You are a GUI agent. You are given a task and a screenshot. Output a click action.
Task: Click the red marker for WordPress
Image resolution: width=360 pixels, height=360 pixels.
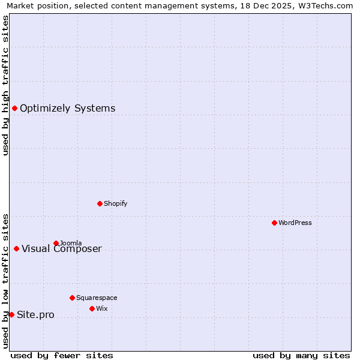(274, 223)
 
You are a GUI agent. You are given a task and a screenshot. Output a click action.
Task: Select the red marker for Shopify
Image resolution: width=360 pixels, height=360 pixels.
(100, 203)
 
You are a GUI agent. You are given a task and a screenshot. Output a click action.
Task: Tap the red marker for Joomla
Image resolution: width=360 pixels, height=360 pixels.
(56, 243)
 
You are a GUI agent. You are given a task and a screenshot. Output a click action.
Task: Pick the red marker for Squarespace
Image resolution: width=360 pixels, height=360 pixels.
(72, 298)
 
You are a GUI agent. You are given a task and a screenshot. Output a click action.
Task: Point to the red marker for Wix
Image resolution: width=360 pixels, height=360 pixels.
(92, 308)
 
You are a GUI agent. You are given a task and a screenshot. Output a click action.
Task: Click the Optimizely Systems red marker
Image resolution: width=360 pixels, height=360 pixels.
(14, 108)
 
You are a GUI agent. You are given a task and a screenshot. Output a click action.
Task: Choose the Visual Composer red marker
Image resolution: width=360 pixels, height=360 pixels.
(16, 248)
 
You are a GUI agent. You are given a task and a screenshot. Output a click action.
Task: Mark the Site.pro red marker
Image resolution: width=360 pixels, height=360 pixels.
(11, 314)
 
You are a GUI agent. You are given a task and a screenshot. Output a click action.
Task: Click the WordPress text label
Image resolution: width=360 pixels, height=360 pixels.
(295, 223)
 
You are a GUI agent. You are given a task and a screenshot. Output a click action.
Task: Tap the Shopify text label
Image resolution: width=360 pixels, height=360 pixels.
(116, 203)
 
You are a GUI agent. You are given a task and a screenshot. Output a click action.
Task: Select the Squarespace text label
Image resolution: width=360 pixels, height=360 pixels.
(97, 298)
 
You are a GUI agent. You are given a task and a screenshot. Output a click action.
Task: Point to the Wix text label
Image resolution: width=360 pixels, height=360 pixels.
(101, 308)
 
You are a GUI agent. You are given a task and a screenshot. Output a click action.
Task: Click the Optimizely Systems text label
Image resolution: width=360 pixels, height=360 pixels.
(68, 109)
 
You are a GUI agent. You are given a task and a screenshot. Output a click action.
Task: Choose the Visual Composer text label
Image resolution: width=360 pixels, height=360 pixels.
(62, 249)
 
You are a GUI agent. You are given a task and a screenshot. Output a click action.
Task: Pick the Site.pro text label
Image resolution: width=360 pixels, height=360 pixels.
(35, 315)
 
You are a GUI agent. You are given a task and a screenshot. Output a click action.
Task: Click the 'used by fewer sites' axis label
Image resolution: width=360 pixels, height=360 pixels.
(62, 355)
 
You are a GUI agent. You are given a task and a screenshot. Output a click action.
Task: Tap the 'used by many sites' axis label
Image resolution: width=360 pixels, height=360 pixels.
(301, 355)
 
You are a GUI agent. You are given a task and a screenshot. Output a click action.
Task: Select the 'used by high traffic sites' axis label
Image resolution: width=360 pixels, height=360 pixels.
(5, 85)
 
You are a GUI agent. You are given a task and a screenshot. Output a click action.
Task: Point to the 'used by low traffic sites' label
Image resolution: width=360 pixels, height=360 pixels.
(5, 281)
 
